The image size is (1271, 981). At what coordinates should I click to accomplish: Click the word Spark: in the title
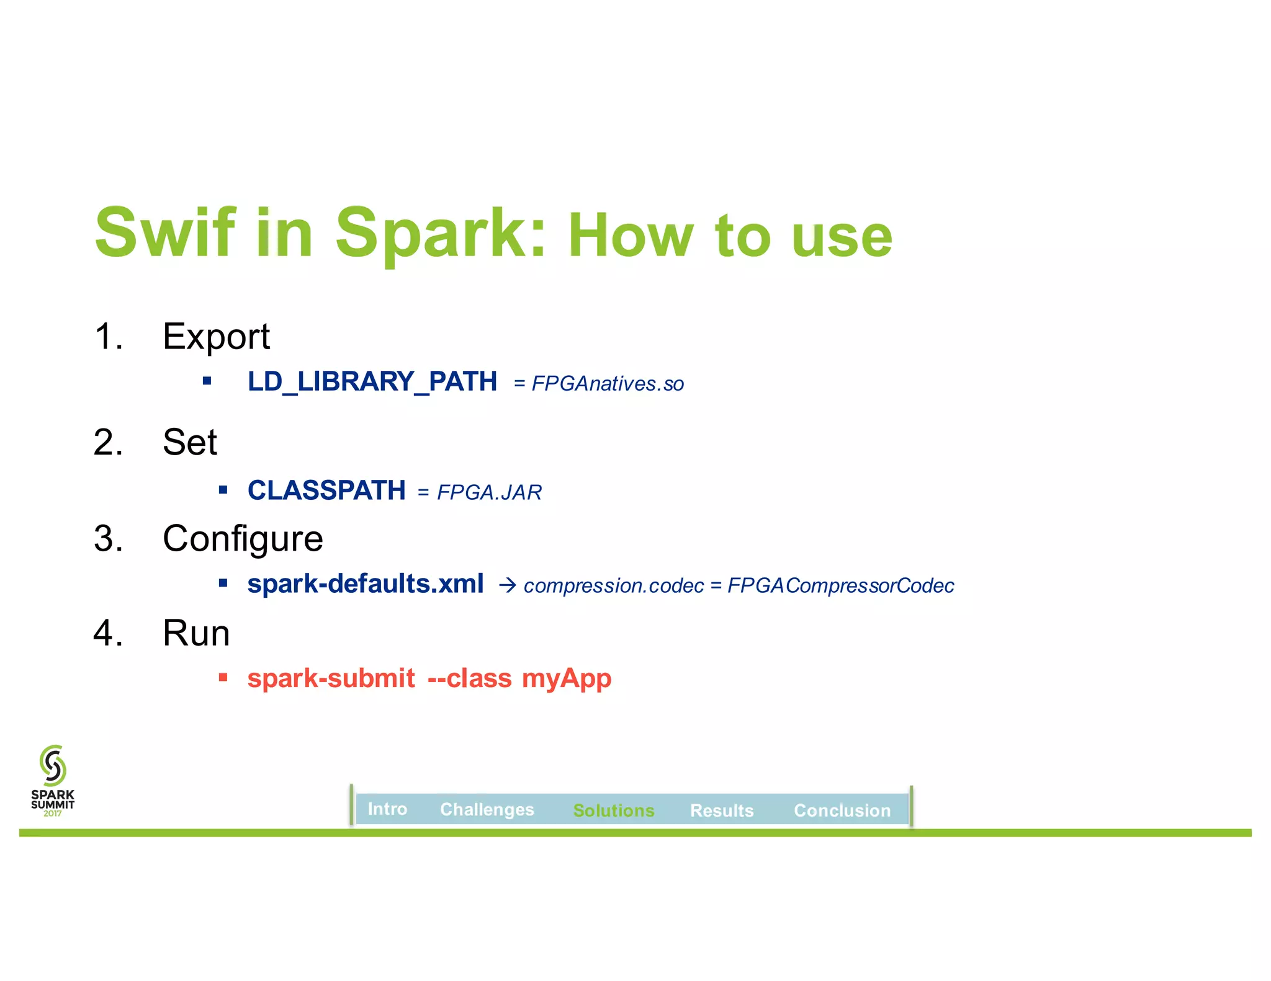440,233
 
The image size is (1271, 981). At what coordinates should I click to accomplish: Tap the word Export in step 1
216,337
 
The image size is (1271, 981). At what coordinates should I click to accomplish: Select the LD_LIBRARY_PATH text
372,381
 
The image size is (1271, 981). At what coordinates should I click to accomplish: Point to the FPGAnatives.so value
608,384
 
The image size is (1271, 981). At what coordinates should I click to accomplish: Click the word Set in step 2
189,442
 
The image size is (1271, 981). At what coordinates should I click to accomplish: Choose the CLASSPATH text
326,491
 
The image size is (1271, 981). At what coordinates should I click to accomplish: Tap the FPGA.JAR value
489,492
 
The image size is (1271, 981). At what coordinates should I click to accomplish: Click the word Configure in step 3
243,538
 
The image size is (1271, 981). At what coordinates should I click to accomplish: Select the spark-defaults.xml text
365,584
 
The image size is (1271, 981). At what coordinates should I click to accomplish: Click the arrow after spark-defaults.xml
507,585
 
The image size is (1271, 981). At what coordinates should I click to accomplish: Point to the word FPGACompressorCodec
840,586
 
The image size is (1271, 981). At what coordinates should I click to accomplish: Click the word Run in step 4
196,633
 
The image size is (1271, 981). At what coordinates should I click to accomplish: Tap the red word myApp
566,678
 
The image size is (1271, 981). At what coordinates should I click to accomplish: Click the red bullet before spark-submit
223,677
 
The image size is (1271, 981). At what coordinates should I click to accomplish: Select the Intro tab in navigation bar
387,809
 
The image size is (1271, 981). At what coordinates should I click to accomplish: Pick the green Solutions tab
613,810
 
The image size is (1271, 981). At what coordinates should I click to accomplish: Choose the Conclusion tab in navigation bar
842,810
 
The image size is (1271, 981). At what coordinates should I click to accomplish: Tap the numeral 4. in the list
108,633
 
